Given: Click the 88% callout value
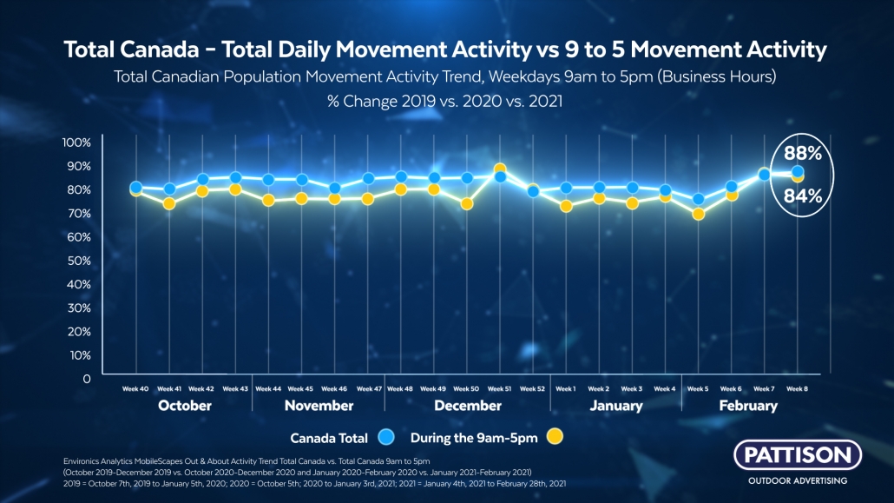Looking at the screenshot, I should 803,155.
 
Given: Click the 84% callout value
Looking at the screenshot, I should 803,195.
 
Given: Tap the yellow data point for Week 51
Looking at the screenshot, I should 500,169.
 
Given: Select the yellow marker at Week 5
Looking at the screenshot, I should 698,214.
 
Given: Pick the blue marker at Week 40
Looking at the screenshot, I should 136,187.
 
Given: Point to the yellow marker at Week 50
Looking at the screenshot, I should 467,204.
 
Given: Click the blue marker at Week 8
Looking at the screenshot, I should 797,172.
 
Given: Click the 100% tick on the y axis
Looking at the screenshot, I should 76,142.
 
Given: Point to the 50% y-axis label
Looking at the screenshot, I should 78,261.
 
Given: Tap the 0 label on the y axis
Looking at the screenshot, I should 86,379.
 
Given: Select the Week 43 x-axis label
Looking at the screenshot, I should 235,389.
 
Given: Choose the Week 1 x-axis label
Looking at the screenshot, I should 566,389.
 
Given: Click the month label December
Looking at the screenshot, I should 467,406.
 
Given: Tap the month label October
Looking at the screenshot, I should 185,406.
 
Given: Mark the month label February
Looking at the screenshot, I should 747,406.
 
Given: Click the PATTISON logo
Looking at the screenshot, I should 798,454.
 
